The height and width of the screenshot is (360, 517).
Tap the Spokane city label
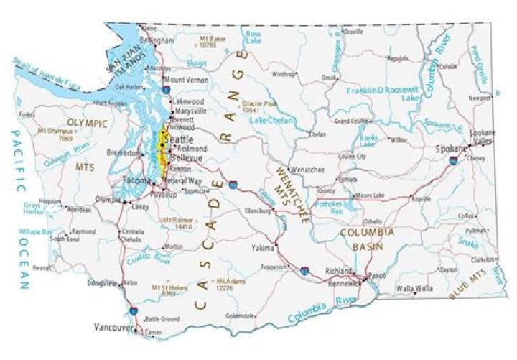pos(451,149)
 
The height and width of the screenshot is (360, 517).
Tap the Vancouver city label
pos(113,327)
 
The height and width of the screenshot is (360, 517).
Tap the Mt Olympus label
pos(57,133)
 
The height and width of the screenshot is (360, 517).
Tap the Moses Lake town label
pos(370,195)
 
